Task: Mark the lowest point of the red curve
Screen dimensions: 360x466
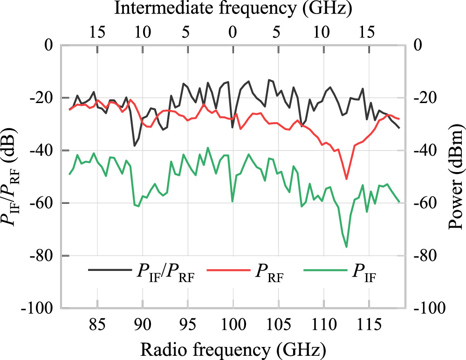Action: [x=346, y=179]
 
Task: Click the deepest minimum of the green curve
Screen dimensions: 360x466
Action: [x=346, y=247]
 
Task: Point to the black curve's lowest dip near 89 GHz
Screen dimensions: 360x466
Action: [x=135, y=146]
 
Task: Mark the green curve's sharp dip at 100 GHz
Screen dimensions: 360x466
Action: [x=233, y=201]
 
